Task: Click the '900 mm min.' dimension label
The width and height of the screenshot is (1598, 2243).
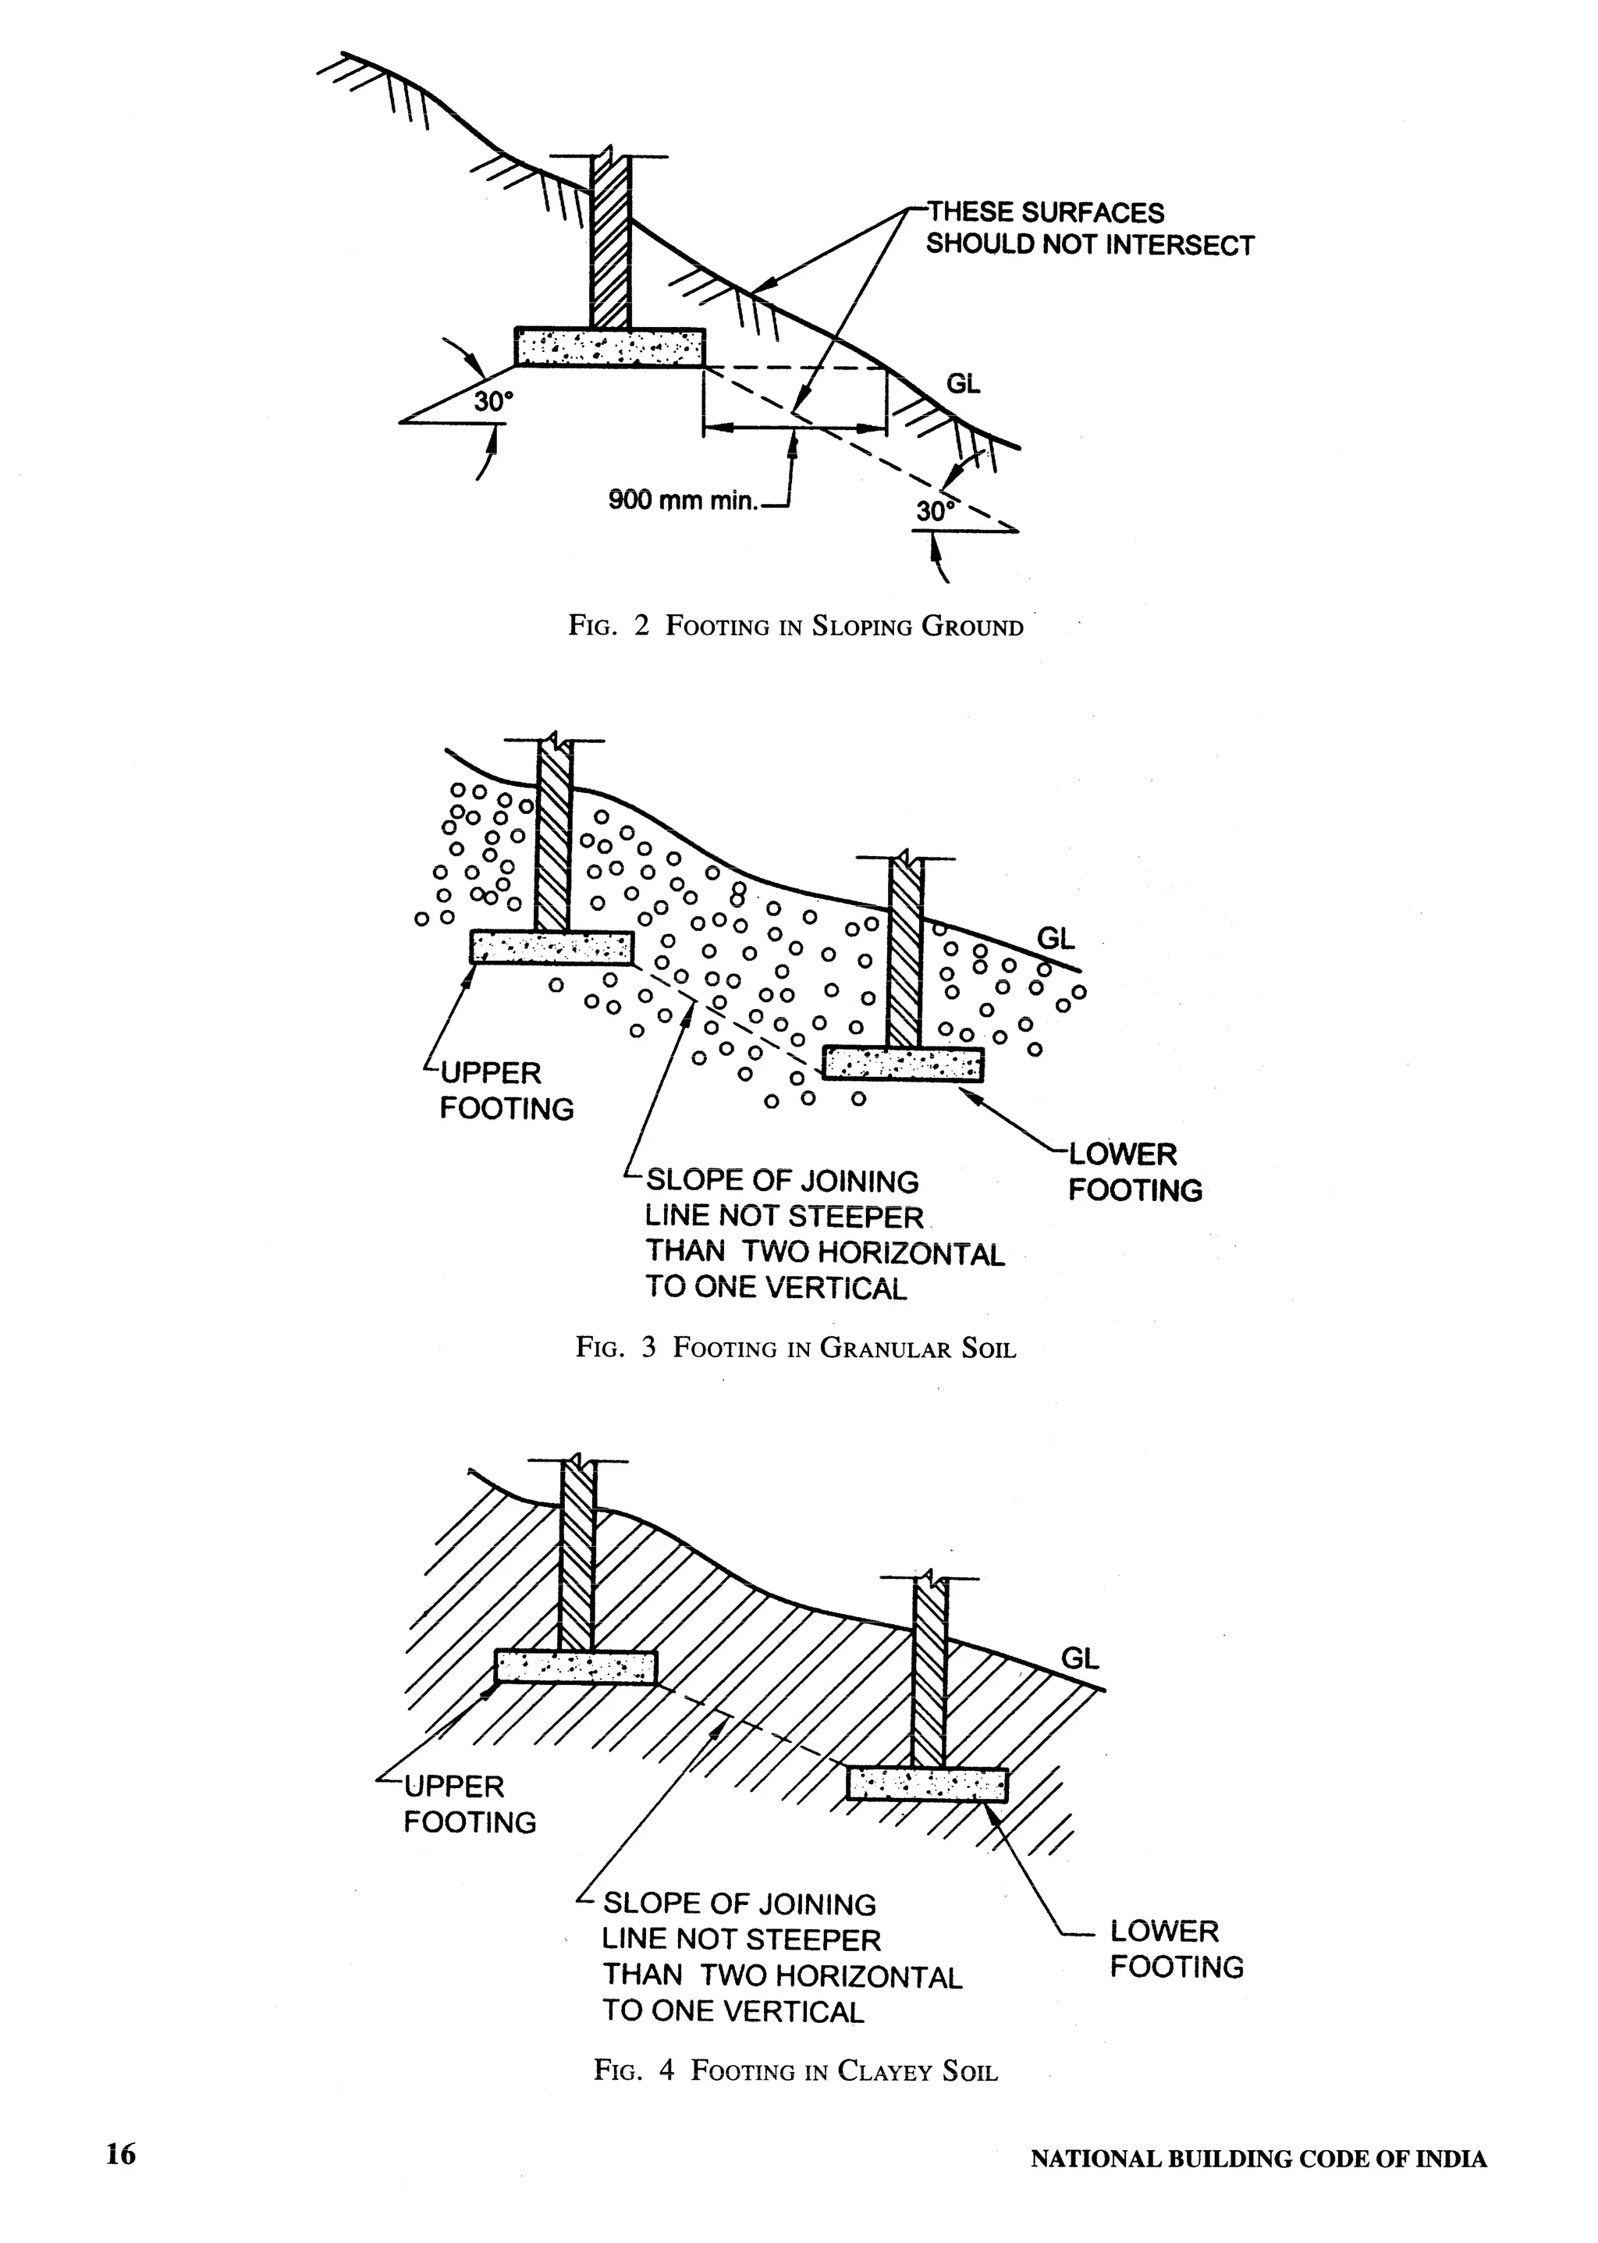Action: [x=683, y=500]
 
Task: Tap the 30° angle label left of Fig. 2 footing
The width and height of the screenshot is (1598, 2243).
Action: [x=494, y=403]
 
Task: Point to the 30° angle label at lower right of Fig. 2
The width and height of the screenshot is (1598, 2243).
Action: [x=936, y=511]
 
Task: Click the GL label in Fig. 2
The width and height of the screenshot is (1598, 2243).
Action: [x=964, y=384]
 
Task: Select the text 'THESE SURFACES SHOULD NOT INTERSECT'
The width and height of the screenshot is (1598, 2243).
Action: [x=1089, y=229]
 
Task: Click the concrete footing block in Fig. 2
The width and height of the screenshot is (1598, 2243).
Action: [x=610, y=347]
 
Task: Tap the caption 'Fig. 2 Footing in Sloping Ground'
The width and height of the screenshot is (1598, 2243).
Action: [x=795, y=627]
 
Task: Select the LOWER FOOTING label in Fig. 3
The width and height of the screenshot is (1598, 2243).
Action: [x=1135, y=1172]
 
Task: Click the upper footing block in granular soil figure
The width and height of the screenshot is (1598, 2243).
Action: [x=551, y=947]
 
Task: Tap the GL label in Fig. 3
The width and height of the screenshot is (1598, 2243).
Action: [x=1056, y=939]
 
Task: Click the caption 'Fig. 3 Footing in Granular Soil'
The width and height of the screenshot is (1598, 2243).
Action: [x=795, y=1347]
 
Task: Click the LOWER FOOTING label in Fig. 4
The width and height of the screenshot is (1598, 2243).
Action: [x=1176, y=1949]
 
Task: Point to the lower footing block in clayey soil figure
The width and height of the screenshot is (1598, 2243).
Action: [x=928, y=1784]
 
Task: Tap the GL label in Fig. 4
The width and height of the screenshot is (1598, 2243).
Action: [x=1079, y=1658]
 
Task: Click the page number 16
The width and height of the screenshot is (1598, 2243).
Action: [x=121, y=2155]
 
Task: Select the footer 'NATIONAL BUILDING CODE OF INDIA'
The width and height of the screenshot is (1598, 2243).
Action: [x=1259, y=2159]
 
